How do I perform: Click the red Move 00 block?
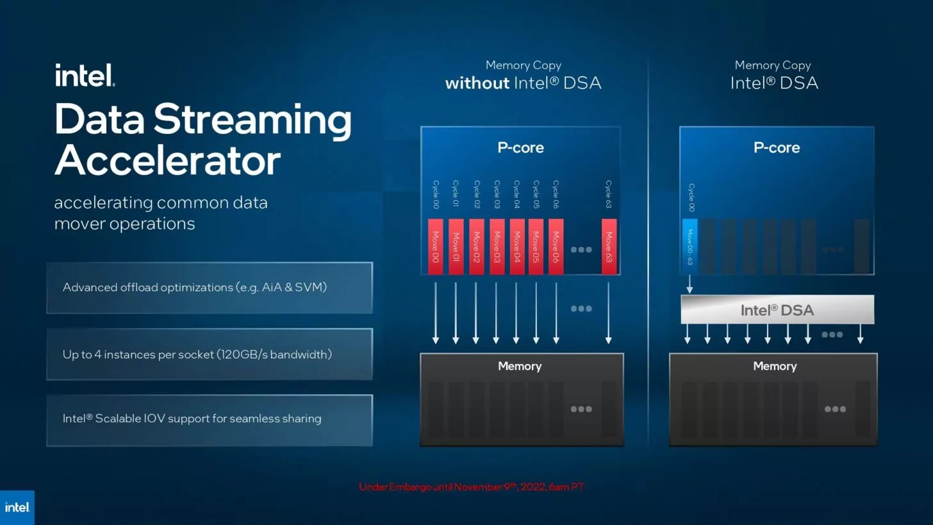tap(435, 247)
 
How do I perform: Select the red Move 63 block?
tap(609, 247)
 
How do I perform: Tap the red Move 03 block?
tap(497, 247)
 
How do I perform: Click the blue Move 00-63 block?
tap(689, 247)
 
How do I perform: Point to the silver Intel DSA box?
tap(777, 310)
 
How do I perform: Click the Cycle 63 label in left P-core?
tap(609, 194)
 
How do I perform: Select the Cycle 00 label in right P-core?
tap(691, 197)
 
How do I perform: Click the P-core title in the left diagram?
tap(520, 147)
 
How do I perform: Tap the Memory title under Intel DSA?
tap(775, 366)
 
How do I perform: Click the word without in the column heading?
tap(477, 83)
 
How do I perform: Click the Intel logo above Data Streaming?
tap(85, 75)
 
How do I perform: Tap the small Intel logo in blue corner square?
tap(17, 507)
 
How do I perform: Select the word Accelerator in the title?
tap(167, 160)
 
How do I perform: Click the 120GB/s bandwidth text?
tap(275, 354)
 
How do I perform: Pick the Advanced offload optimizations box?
tap(209, 288)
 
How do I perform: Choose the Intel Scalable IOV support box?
tap(209, 420)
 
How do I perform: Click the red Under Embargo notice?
tap(471, 487)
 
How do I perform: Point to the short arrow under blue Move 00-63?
tap(689, 284)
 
